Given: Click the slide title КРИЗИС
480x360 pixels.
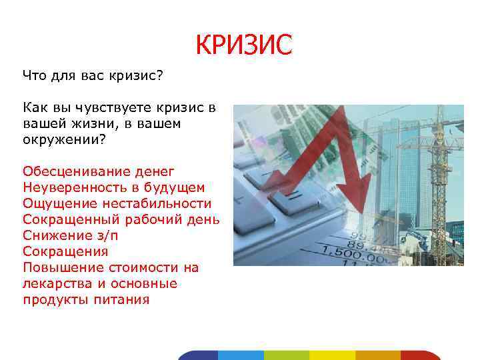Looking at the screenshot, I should coord(244,45).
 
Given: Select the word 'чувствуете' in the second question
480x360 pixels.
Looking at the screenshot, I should coord(105,107).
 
